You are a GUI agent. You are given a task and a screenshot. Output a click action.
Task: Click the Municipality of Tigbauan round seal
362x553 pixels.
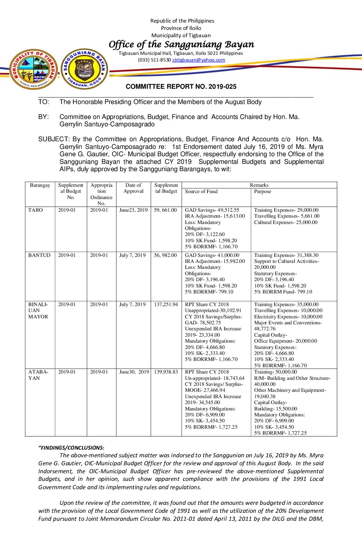click(x=33, y=69)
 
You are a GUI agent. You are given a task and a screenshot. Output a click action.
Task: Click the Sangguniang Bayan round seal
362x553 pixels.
click(x=85, y=69)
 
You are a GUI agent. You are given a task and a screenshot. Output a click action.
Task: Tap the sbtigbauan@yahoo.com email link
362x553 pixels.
click(x=199, y=60)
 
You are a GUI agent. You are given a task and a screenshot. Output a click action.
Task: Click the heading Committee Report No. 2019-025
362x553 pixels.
click(x=181, y=87)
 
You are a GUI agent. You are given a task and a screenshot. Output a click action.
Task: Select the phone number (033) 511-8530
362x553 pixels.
click(x=154, y=60)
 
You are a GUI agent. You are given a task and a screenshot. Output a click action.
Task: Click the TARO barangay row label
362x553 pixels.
click(x=36, y=210)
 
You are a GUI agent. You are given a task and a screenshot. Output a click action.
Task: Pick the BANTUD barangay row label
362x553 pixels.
click(x=39, y=255)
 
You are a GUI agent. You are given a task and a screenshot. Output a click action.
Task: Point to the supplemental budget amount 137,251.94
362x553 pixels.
click(x=166, y=304)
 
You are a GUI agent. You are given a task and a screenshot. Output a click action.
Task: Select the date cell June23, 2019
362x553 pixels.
click(x=133, y=210)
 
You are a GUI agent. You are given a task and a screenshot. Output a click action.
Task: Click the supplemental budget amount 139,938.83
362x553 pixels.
click(x=166, y=372)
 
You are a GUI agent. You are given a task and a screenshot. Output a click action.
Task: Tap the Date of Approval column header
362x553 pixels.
click(x=133, y=188)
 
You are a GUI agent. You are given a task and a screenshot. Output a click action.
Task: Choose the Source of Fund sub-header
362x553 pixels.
click(x=201, y=191)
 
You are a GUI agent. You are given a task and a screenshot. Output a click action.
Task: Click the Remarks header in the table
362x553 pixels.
click(x=259, y=185)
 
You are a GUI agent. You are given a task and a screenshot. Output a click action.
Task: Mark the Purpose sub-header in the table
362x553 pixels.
click(x=263, y=191)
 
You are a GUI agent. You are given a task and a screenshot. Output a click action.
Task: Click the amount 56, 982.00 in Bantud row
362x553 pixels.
click(x=165, y=255)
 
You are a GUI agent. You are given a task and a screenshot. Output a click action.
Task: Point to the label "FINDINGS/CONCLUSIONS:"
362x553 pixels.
click(x=71, y=448)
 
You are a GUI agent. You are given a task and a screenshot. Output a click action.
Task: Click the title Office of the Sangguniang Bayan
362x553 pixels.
click(x=181, y=44)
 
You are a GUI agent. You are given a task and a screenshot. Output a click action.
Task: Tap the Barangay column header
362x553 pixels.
click(x=40, y=185)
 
